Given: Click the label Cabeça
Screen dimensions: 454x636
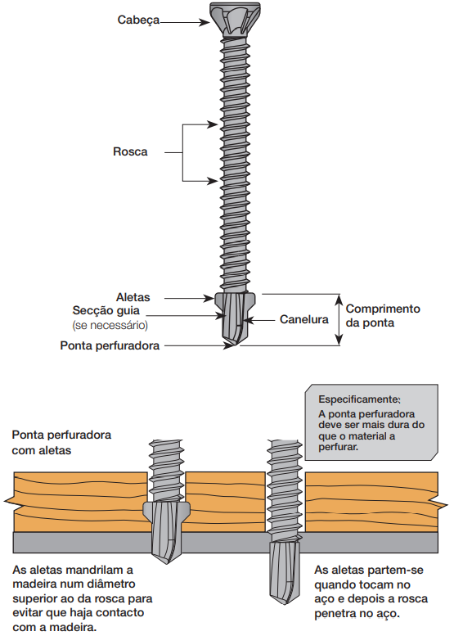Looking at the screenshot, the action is [x=138, y=20].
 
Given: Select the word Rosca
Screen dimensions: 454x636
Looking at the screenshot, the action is [x=130, y=151].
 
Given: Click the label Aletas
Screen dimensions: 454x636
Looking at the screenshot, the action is [x=133, y=297].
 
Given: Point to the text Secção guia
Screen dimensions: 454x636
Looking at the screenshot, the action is [x=106, y=311].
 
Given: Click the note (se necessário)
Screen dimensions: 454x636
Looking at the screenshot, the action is [x=110, y=325].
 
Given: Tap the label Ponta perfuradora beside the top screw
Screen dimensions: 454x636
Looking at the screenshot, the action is [x=110, y=345].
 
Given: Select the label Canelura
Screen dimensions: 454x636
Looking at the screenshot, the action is [x=304, y=319].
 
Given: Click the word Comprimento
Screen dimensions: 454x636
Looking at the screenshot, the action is [x=383, y=309].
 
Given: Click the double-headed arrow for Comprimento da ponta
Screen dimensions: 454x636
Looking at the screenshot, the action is [x=339, y=320].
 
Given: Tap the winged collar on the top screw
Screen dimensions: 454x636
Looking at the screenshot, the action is [x=235, y=300].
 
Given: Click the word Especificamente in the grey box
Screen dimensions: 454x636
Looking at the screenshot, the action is [x=358, y=399].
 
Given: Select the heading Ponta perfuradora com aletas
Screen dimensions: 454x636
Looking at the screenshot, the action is [x=61, y=443].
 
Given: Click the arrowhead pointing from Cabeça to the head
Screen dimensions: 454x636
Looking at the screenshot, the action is [x=205, y=22].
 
